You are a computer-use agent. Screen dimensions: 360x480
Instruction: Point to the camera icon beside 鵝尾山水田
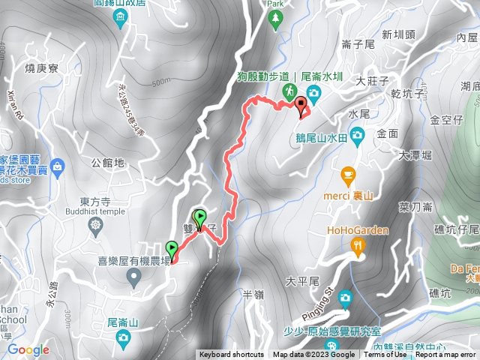[x=358, y=135]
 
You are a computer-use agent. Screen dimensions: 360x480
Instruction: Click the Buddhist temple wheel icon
[x=95, y=225]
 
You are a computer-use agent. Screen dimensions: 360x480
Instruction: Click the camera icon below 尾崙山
[x=123, y=340]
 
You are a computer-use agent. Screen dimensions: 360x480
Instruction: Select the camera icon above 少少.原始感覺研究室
[x=344, y=297]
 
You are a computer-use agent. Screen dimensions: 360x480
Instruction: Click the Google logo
[x=28, y=349]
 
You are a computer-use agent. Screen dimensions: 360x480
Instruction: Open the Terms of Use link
[x=385, y=355]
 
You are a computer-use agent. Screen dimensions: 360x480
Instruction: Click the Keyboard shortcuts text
[x=232, y=355]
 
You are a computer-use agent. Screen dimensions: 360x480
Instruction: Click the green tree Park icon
[x=277, y=16]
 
